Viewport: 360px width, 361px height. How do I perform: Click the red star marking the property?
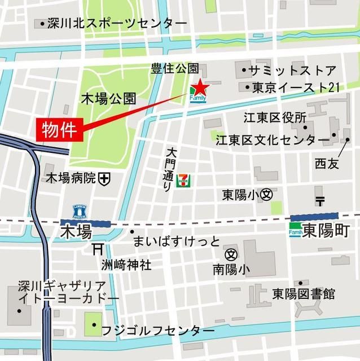(200, 88)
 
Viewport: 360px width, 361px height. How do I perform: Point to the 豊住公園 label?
(175, 69)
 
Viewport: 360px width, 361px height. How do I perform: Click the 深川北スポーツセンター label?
(117, 24)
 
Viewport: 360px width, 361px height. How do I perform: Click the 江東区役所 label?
(275, 118)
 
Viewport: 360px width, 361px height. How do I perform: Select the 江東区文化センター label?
(273, 139)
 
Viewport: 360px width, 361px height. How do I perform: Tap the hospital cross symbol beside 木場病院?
(104, 179)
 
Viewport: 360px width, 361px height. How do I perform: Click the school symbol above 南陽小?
(231, 254)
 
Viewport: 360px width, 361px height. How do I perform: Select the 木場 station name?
(76, 231)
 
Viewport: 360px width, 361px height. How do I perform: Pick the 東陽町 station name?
(327, 231)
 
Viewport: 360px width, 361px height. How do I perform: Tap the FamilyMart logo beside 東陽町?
(296, 231)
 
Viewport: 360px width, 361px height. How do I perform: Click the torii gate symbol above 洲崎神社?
(97, 248)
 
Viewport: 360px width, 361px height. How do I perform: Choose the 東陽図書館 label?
(304, 294)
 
